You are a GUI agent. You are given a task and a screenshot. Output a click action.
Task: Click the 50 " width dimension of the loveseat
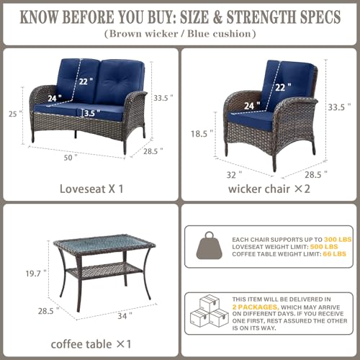pos(71,158)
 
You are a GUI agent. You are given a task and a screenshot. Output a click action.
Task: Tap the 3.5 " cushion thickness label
pos(92,113)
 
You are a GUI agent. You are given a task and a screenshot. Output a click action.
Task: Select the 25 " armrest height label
pos(15,114)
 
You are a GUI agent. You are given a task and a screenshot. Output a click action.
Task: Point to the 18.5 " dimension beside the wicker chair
pos(202,134)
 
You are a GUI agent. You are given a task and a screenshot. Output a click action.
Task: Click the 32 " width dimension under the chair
pos(234,175)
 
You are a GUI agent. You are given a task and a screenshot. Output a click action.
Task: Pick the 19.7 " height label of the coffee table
pos(36,274)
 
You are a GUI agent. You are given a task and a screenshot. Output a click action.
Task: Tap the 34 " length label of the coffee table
pos(125,316)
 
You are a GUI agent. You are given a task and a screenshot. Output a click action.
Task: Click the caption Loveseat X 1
pos(91,189)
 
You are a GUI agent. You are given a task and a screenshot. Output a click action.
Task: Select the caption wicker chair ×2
pos(269,189)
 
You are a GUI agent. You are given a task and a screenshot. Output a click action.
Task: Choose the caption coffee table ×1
pos(91,344)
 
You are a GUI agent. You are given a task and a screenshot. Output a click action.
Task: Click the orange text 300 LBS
pos(338,240)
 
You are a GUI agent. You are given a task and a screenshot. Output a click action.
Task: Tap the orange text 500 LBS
pos(324,247)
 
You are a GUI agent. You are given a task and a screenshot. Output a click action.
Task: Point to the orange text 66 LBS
pos(334,254)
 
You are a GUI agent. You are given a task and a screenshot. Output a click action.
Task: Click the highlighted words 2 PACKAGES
pos(256,307)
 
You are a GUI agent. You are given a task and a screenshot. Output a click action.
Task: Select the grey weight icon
pos(210,246)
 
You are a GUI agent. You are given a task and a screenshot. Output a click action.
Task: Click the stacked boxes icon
pos(210,310)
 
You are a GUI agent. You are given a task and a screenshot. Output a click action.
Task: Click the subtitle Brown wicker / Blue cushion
pos(180,34)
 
